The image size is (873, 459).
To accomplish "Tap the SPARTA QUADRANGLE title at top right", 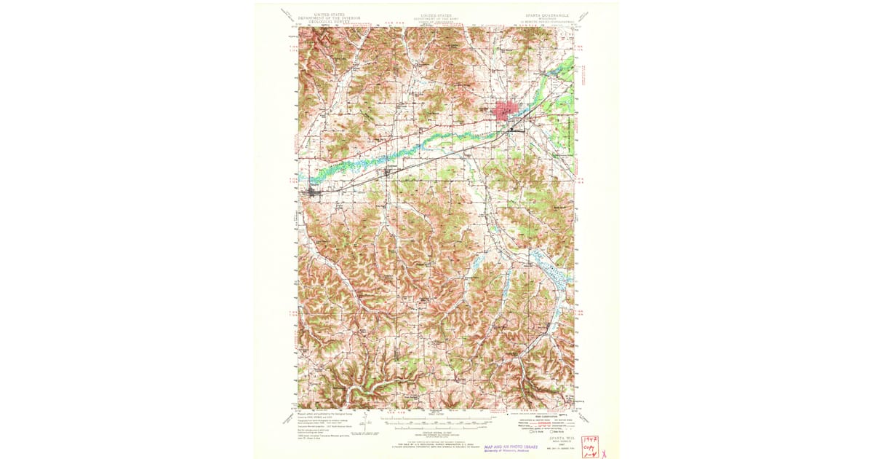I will pyautogui.click(x=548, y=14).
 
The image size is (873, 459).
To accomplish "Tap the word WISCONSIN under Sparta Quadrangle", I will pyautogui.click(x=548, y=18).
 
